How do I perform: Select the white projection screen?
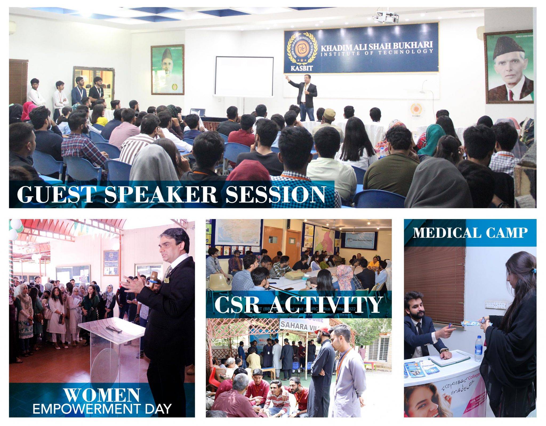pos(244,76)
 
